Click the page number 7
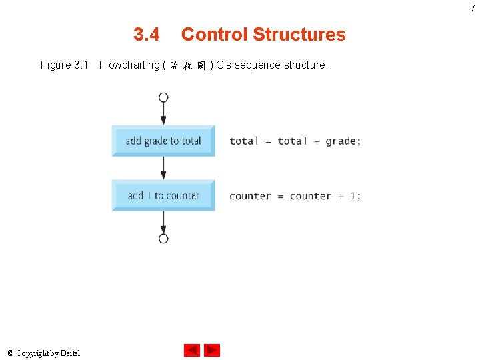pos(473,8)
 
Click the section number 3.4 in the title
pos(146,35)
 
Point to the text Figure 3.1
pos(64,65)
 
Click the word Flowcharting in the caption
pos(129,65)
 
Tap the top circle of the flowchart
pos(163,97)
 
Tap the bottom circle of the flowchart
pos(163,238)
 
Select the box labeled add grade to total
pos(163,141)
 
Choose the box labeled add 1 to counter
pos(163,195)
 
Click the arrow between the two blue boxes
pos(163,168)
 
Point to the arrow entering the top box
pos(163,113)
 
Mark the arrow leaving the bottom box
pos(163,222)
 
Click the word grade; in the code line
pos(343,141)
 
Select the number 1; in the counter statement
pos(355,196)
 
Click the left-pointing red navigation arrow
pos(192,351)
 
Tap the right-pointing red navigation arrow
pos(212,351)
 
